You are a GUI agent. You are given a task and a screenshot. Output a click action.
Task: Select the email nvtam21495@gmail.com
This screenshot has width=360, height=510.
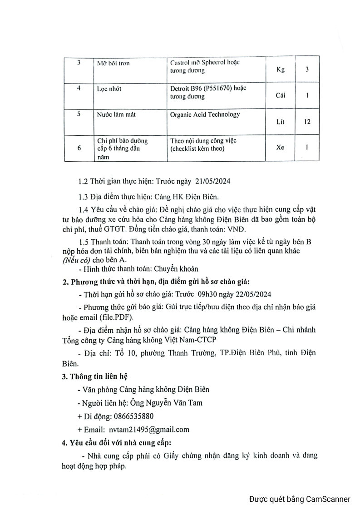coord(149,429)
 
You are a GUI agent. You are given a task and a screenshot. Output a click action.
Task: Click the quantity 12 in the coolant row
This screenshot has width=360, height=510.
coord(307,122)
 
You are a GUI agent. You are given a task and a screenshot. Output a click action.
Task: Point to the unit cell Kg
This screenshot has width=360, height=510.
coord(281,70)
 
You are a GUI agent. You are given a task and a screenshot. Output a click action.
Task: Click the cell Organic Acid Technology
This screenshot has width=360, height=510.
coord(205,114)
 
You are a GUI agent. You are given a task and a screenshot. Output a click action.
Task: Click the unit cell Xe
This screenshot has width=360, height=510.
coord(281,148)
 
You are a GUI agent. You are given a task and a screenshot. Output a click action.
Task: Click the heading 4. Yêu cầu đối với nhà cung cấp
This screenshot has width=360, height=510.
coord(120,442)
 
